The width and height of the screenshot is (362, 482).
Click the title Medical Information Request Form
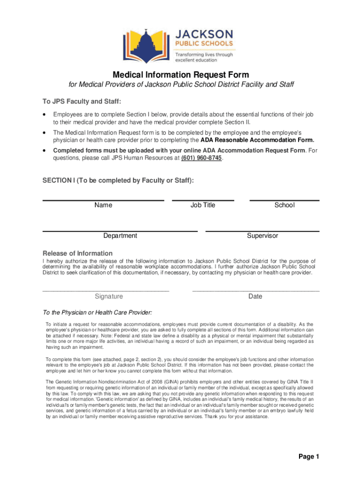click(x=181, y=75)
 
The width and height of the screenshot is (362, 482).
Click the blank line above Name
click(x=103, y=201)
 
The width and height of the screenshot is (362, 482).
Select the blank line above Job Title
click(x=203, y=201)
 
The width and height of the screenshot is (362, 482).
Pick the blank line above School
click(x=284, y=201)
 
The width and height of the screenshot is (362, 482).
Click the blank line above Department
click(x=120, y=231)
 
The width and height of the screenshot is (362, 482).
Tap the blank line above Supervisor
click(x=262, y=231)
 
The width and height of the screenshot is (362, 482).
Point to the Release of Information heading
click(x=78, y=253)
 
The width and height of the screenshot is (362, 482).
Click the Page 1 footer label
click(x=309, y=457)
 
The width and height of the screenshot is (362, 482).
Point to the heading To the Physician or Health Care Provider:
click(x=97, y=313)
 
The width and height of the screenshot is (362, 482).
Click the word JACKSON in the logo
click(x=211, y=34)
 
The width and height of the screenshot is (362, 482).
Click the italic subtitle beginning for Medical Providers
click(x=181, y=85)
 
